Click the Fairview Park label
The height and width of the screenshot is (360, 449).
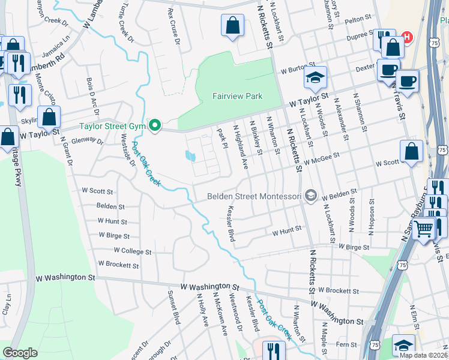237,95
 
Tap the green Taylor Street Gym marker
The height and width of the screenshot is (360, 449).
155,126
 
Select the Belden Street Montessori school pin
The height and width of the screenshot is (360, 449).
311,196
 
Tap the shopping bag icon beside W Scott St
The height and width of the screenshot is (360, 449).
412,152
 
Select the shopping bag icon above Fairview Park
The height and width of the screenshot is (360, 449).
232,26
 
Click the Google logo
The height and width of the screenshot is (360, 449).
20,353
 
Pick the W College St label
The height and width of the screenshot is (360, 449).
132,251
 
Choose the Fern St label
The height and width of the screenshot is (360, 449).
346,344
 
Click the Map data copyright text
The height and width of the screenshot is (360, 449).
423,355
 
